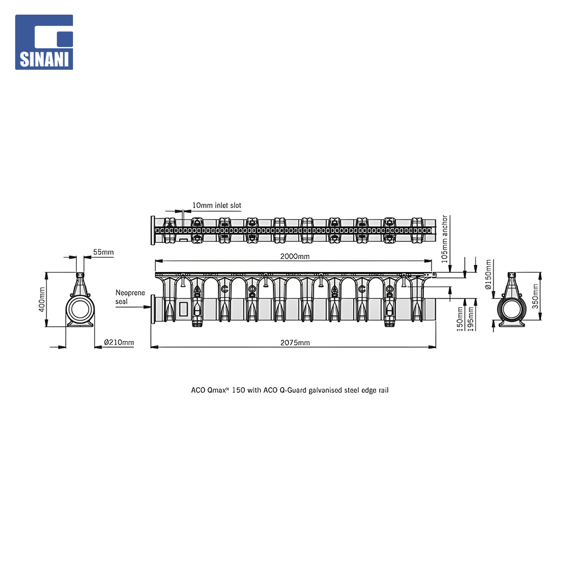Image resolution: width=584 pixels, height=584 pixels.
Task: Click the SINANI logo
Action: [x=44, y=42]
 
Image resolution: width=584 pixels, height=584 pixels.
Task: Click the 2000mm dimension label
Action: [x=295, y=256]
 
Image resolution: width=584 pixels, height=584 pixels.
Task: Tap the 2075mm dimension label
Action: [x=295, y=343]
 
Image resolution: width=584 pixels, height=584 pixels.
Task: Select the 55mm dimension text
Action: [x=103, y=252]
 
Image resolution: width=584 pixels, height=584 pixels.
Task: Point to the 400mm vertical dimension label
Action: [x=42, y=300]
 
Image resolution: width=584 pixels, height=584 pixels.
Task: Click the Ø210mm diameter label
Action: [x=119, y=342]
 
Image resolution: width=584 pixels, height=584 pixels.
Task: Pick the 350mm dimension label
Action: [x=535, y=296]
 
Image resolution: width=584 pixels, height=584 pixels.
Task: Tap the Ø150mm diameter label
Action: [x=488, y=275]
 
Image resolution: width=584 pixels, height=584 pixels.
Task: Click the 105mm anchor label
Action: [x=444, y=239]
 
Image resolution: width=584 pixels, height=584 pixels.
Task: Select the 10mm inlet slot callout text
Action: [x=217, y=205]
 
